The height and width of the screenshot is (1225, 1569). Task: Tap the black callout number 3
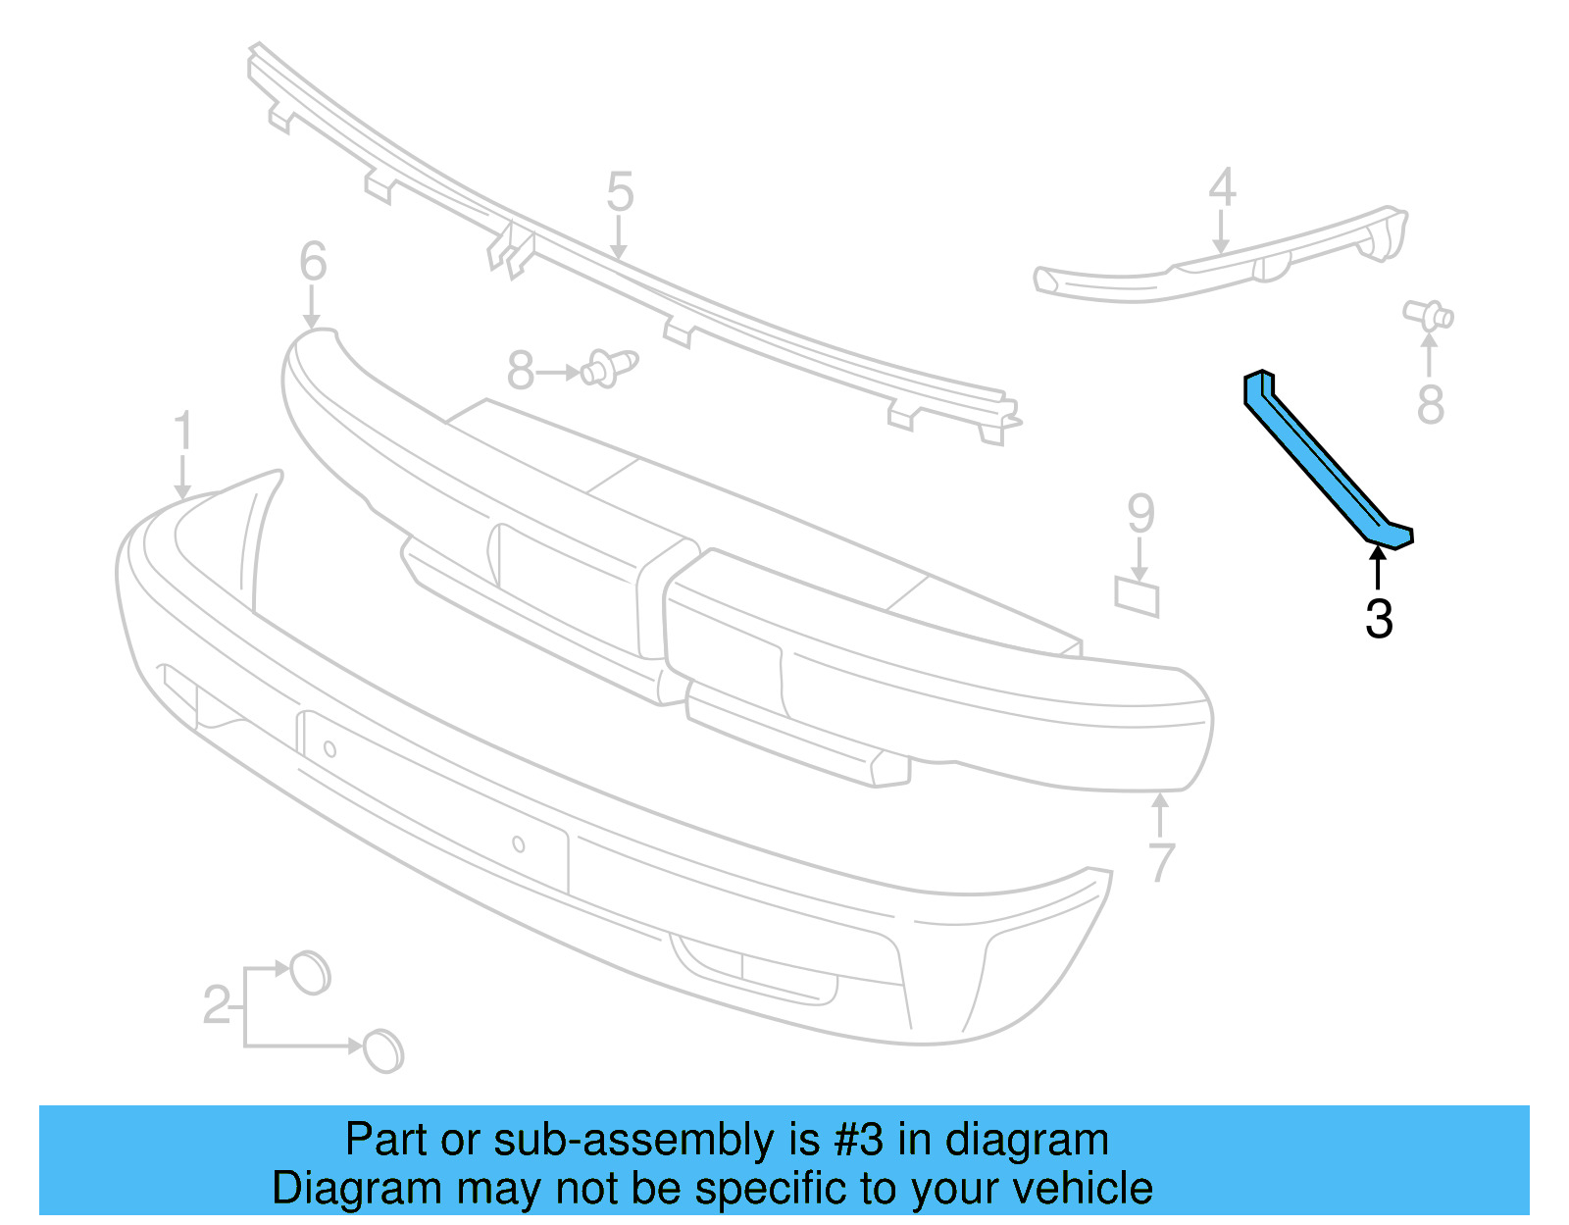point(1379,619)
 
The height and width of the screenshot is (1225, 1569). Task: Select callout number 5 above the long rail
point(620,191)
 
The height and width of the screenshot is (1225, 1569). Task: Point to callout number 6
point(313,262)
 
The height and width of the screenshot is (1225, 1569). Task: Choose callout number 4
point(1222,187)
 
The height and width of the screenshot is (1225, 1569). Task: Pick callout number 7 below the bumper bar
point(1161,862)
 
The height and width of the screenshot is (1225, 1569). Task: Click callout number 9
point(1140,513)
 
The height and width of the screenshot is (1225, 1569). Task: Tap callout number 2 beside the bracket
point(217,1005)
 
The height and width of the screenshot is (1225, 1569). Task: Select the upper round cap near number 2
point(311,972)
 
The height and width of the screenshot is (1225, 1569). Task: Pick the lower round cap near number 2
point(382,1050)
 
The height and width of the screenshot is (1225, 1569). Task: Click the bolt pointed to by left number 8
point(609,369)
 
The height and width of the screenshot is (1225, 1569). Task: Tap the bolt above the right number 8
point(1430,315)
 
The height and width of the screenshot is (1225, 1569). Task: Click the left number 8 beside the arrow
point(521,373)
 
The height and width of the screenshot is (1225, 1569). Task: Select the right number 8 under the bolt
point(1431,404)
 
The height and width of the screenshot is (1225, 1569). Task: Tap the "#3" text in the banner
point(859,1141)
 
